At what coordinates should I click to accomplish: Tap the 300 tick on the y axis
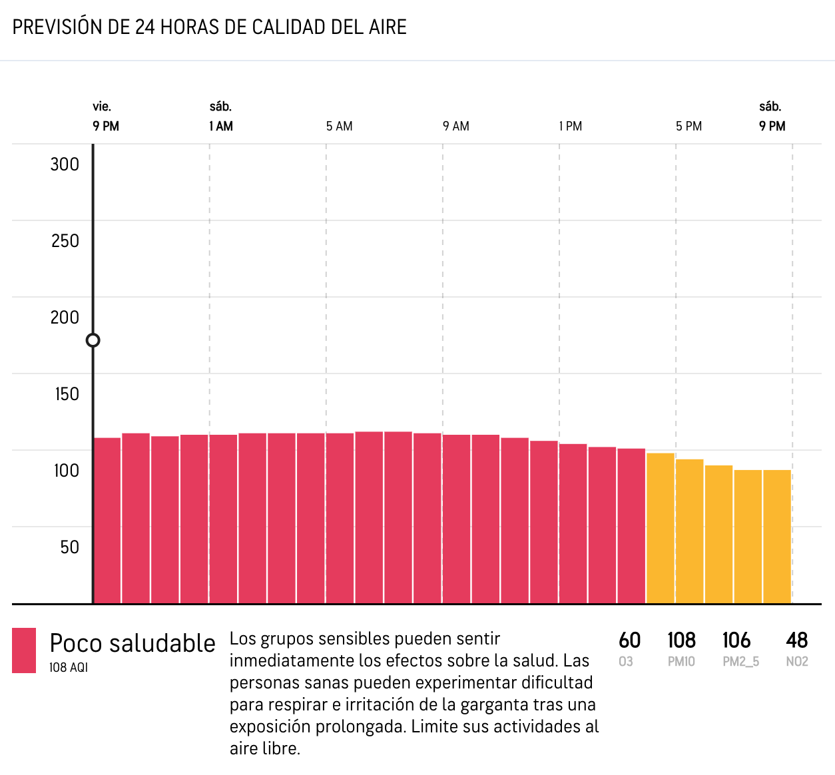65,164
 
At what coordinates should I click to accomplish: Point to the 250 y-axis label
65,241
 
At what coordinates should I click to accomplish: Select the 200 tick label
65,318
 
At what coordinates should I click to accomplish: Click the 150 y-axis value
67,394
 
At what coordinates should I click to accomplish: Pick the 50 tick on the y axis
69,547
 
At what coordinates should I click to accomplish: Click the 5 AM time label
339,127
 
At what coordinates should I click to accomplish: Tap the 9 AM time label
456,127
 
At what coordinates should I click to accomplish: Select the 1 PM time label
571,127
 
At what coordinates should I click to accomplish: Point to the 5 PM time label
689,127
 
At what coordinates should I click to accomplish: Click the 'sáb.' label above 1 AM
220,107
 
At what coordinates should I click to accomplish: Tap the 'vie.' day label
102,107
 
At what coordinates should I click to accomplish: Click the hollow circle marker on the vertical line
93,340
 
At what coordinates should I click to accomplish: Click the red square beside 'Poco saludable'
24,650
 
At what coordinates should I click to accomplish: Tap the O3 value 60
629,641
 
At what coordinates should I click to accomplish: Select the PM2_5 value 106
736,641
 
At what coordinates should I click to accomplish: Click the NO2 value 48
796,641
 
